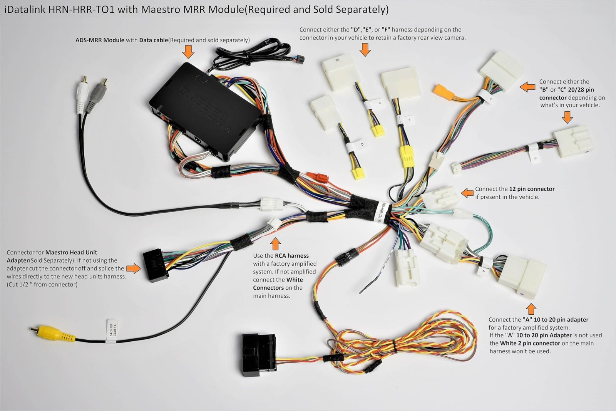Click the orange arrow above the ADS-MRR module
click(188, 51)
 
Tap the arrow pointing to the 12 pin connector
click(467, 193)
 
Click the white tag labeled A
click(483, 270)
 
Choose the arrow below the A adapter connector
click(531, 309)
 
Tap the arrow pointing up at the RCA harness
click(275, 244)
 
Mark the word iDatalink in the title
click(25, 10)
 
